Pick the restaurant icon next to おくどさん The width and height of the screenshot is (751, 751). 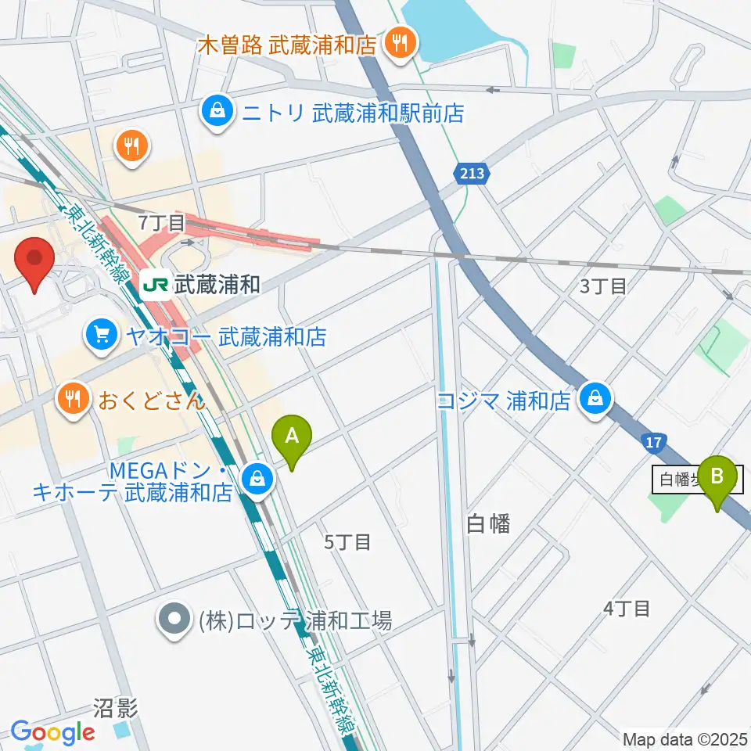[x=74, y=401]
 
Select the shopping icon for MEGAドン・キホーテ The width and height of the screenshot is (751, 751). [x=256, y=483]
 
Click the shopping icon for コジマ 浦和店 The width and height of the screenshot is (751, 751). [x=596, y=401]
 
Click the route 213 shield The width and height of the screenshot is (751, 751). [x=473, y=174]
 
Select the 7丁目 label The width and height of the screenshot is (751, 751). [x=161, y=222]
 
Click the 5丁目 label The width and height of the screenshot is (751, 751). [x=347, y=541]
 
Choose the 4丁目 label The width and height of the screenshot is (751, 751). [x=627, y=608]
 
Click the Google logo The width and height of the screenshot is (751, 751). [x=52, y=733]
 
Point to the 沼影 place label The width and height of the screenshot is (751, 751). [x=115, y=709]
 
